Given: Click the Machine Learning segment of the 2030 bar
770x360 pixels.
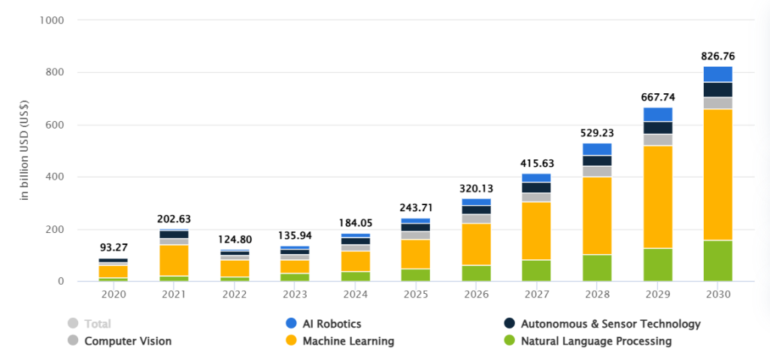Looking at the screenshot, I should click(717, 174).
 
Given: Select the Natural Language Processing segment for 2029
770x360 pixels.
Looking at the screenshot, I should click(658, 265).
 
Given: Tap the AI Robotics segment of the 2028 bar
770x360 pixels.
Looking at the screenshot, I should click(598, 149).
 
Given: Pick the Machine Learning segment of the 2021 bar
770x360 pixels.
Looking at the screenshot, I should click(174, 260).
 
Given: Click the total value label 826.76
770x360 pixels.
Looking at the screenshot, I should click(717, 56).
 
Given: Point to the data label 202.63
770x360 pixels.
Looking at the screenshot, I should click(174, 219).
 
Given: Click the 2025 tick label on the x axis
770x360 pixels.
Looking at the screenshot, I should click(416, 295).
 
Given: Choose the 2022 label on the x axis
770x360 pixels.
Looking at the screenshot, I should click(235, 295).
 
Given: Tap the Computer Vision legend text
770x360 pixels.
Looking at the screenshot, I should click(128, 341).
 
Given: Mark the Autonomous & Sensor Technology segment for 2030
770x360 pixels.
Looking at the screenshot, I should click(717, 89).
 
